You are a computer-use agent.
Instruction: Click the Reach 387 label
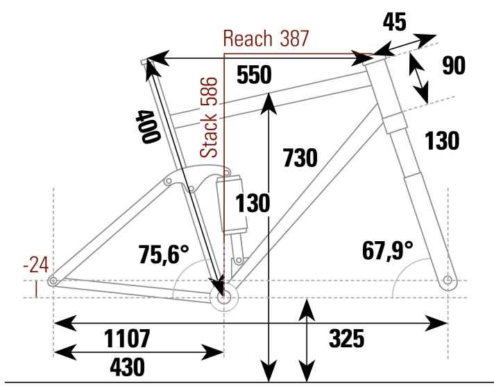(x=265, y=39)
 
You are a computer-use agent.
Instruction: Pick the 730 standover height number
(x=300, y=158)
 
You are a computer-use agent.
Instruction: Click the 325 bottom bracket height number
(x=346, y=339)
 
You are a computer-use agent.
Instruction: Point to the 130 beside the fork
(x=443, y=141)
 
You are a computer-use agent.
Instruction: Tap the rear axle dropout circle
(x=52, y=281)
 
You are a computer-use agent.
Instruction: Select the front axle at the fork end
(x=448, y=281)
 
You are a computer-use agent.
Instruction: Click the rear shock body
(x=231, y=205)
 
